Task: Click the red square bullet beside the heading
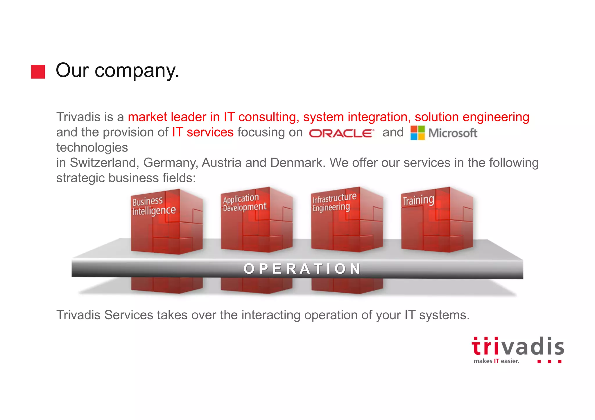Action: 38,71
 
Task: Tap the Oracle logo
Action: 341,133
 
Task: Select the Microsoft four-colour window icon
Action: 417,133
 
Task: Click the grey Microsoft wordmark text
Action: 453,133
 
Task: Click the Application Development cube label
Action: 244,203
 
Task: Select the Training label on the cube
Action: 418,200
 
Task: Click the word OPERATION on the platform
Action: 302,269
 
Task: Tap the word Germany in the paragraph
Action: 170,163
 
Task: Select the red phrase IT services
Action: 202,132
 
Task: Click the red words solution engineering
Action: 472,117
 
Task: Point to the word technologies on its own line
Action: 92,147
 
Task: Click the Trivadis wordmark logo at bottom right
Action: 518,347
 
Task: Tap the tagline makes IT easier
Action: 496,361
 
